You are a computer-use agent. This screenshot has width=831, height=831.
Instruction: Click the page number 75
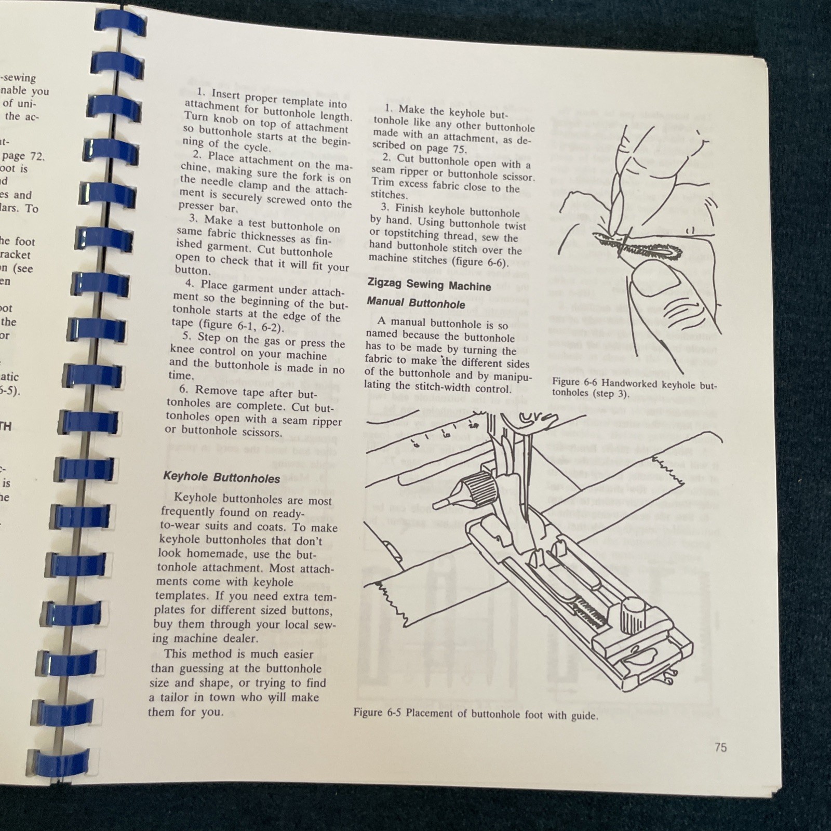(720, 747)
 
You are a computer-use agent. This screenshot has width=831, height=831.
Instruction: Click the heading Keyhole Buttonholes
(222, 478)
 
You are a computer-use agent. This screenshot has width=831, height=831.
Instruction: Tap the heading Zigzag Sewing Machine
(428, 285)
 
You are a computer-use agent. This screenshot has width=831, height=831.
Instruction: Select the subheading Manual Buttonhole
(415, 303)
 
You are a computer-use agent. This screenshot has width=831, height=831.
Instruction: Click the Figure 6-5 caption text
(475, 714)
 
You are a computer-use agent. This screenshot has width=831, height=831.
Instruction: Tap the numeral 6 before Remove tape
(185, 390)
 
